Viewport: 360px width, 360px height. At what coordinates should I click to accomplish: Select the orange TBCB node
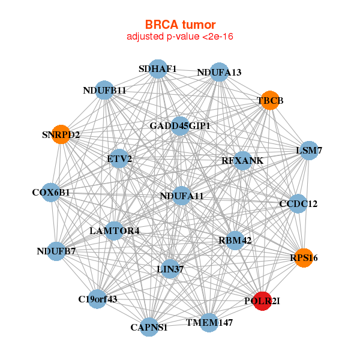click(x=270, y=100)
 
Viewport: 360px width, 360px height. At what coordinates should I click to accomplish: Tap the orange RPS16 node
click(x=304, y=257)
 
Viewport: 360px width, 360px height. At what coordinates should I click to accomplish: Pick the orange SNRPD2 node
click(x=62, y=134)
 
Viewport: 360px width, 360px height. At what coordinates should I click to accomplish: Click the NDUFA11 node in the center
click(x=182, y=196)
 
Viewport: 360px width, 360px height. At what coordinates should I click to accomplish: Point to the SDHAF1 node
click(x=158, y=69)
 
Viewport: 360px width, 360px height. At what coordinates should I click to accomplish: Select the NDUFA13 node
click(x=219, y=72)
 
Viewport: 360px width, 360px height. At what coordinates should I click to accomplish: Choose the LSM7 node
click(x=308, y=151)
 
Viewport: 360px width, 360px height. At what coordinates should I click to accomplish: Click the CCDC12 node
click(x=298, y=204)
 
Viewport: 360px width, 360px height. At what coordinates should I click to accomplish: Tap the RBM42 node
click(x=235, y=241)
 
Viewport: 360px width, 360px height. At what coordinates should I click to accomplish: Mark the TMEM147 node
click(x=209, y=323)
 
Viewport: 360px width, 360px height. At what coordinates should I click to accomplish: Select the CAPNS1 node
click(x=149, y=327)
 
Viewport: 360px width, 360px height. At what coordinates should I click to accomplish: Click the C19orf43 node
click(x=97, y=298)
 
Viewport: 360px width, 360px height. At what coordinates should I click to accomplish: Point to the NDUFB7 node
click(x=56, y=251)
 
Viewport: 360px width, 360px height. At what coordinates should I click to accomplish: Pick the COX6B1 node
click(x=52, y=193)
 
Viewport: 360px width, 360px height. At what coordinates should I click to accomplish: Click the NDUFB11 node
click(x=104, y=91)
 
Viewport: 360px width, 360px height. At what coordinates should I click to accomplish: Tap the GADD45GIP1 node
click(x=180, y=126)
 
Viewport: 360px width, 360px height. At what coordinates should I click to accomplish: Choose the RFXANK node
click(x=242, y=160)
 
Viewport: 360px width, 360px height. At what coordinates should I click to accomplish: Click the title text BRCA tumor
click(x=180, y=25)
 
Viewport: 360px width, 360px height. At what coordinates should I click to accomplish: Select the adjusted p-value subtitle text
click(x=180, y=37)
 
